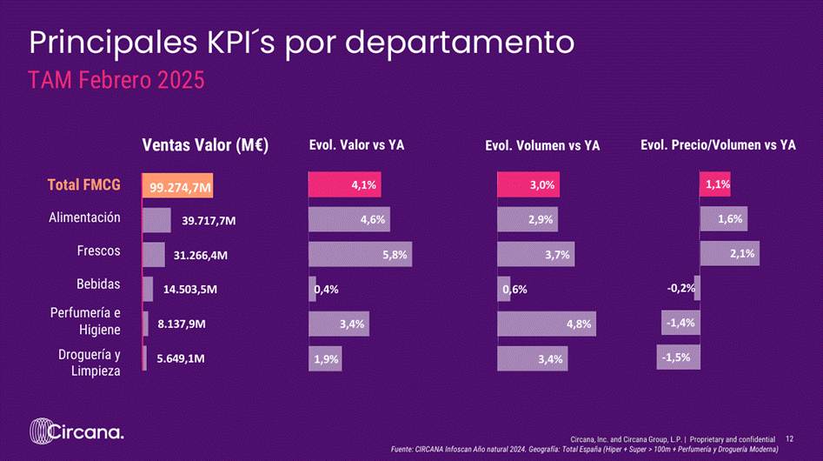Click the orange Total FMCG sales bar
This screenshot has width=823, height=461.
point(177,185)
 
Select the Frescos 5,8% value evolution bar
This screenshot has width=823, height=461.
point(360,254)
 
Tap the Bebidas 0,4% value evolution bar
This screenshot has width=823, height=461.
point(312,289)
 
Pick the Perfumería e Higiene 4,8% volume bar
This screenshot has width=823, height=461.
point(547,324)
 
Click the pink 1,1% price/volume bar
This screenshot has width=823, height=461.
point(715,184)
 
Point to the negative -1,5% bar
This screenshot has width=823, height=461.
point(678,357)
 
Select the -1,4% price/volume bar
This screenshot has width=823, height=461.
point(680,323)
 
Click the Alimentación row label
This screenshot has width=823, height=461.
point(84,218)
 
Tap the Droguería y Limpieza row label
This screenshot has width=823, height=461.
point(90,363)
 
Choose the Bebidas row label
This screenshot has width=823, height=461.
point(98,284)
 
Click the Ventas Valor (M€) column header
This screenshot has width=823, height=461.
point(205,145)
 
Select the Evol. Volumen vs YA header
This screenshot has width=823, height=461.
point(542,145)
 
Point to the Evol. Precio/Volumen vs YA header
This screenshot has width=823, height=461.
point(718,145)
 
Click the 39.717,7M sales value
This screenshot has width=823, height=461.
point(209,221)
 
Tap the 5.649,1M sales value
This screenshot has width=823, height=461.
point(181,358)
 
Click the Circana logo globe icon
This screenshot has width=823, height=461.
point(41,431)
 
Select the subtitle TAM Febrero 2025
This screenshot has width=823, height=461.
point(116,80)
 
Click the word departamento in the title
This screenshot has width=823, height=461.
point(460,43)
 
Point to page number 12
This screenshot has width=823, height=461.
point(789,439)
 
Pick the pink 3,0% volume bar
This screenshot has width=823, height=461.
point(528,184)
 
